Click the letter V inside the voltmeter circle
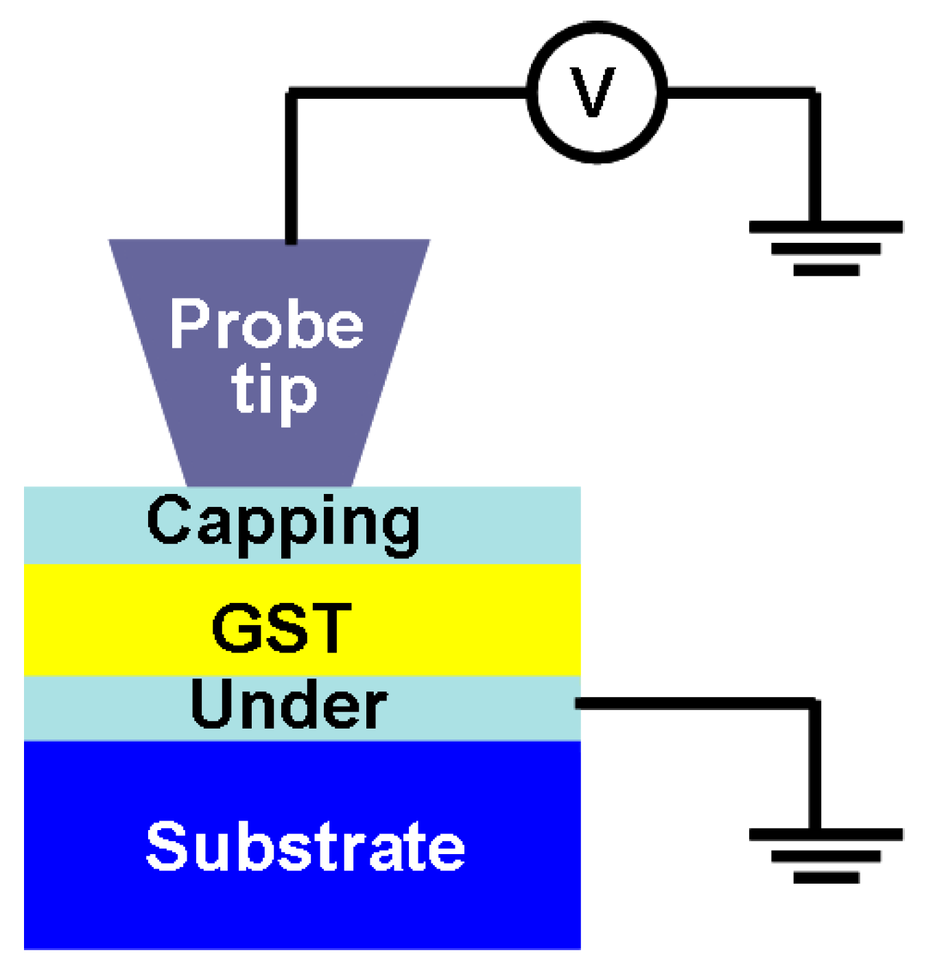pyautogui.click(x=594, y=93)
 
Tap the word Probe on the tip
pyautogui.click(x=266, y=324)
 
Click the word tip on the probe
pyautogui.click(x=274, y=392)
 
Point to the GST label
pyautogui.click(x=282, y=628)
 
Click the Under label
pyautogui.click(x=288, y=705)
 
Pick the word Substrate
pyautogui.click(x=305, y=847)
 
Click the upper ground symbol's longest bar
pyautogui.click(x=825, y=227)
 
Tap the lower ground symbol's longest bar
pyautogui.click(x=825, y=834)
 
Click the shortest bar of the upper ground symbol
pyautogui.click(x=826, y=270)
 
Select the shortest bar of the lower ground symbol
pyautogui.click(x=826, y=877)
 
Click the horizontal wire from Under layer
pyautogui.click(x=693, y=704)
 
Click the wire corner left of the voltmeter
pyautogui.click(x=292, y=92)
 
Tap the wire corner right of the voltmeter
pyautogui.click(x=814, y=92)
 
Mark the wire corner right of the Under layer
pyautogui.click(x=814, y=704)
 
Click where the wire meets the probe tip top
pyautogui.click(x=291, y=240)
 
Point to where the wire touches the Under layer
pyautogui.click(x=578, y=704)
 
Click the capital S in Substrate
pyautogui.click(x=167, y=847)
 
